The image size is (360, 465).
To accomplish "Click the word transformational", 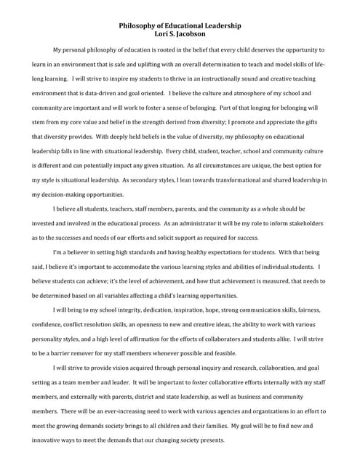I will point(244,180).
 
